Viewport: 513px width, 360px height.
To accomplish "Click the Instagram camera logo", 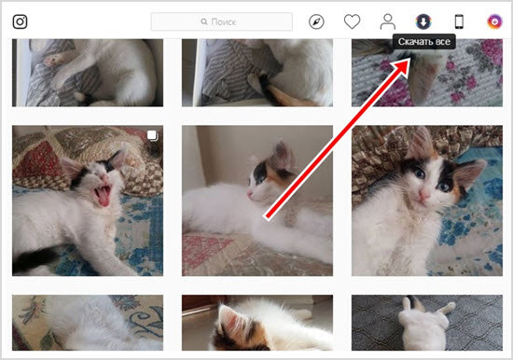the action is click(20, 22).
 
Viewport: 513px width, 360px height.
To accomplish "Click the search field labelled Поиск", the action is click(221, 22).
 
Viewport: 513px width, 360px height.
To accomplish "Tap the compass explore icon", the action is click(316, 22).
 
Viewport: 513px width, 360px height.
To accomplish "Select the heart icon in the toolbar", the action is click(352, 22).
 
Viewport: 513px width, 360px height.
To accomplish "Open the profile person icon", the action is click(388, 22).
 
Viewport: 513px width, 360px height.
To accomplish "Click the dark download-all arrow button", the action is click(423, 22).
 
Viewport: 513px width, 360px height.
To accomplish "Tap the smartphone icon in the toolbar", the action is click(459, 22).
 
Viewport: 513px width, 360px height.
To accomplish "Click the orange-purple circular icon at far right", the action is click(494, 22).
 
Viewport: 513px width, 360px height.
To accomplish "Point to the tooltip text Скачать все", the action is click(424, 42).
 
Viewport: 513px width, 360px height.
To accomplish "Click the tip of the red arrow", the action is click(410, 60).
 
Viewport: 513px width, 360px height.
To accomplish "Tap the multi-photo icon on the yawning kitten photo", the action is click(152, 135).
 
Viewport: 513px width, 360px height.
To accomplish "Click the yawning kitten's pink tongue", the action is click(104, 199).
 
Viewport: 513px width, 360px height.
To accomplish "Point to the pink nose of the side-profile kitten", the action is click(250, 194).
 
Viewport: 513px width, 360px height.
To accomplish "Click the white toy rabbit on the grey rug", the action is click(424, 323).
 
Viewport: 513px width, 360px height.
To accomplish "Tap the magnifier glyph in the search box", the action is click(204, 22).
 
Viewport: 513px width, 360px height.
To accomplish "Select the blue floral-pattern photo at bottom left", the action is click(88, 323).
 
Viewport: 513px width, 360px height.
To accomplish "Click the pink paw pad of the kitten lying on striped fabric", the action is click(51, 61).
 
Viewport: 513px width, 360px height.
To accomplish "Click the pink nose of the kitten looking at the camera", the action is click(424, 196).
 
